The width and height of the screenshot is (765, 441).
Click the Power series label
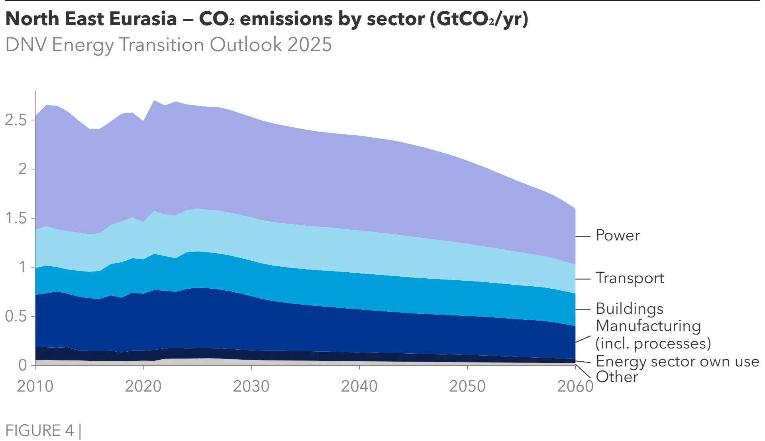618,235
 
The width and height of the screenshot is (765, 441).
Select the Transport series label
630,278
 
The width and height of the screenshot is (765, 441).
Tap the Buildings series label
630,309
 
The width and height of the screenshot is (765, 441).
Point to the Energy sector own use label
677,361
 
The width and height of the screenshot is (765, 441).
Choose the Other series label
617,377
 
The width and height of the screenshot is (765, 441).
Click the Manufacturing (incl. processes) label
653,335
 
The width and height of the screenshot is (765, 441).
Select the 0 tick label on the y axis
23,365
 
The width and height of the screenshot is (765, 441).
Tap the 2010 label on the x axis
35,386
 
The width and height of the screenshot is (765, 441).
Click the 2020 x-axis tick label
143,386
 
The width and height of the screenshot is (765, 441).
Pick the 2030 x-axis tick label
251,386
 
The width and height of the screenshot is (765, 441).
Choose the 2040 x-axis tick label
359,386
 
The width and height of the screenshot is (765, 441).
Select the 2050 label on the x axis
467,386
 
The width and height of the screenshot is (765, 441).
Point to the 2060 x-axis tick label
575,386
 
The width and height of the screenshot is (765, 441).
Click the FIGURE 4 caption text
39,430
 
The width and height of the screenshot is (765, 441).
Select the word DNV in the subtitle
26,44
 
